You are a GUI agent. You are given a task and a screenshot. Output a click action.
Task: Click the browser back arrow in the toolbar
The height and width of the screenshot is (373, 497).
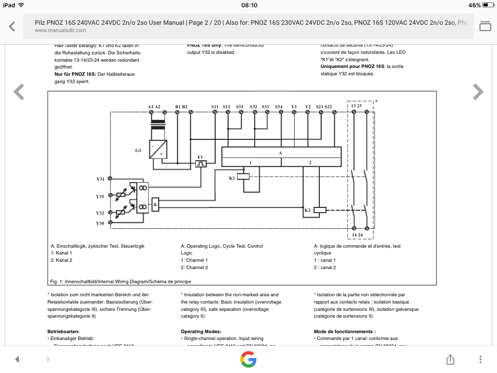click(x=12, y=26)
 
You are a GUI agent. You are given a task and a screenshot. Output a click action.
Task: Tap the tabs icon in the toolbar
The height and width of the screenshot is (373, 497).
click(x=485, y=26)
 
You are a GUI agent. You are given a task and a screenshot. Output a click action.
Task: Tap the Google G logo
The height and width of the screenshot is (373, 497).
click(x=248, y=359)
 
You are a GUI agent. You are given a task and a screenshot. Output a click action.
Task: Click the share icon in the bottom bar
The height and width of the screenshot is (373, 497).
click(x=450, y=359)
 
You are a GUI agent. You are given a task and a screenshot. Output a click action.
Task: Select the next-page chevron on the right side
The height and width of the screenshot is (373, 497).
click(x=478, y=91)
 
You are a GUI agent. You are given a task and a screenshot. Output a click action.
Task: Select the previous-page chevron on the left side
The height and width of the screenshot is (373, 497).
click(x=19, y=91)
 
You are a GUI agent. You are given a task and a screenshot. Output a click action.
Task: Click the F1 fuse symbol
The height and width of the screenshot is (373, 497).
click(x=200, y=164)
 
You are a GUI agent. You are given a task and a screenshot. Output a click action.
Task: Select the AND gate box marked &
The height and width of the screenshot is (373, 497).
click(x=155, y=204)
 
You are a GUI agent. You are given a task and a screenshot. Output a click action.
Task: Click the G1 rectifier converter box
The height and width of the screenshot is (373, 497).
click(x=158, y=149)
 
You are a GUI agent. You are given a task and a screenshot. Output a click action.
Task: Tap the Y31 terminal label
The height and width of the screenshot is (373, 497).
click(x=100, y=179)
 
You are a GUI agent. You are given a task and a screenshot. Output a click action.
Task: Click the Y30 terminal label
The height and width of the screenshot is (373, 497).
click(x=100, y=223)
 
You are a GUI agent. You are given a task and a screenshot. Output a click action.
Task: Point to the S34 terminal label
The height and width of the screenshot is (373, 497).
click(x=279, y=106)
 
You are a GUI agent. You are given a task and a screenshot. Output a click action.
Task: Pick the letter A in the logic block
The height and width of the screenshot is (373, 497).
click(x=280, y=153)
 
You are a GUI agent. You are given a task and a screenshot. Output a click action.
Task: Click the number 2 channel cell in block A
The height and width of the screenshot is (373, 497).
click(x=310, y=162)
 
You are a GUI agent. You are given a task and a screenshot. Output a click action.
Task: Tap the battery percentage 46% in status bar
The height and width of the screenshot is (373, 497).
click(x=475, y=5)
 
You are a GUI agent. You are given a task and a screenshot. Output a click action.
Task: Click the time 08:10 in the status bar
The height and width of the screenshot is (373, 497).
click(x=249, y=5)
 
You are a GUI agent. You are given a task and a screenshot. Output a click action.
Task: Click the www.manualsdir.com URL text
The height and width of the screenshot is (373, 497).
click(x=60, y=30)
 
